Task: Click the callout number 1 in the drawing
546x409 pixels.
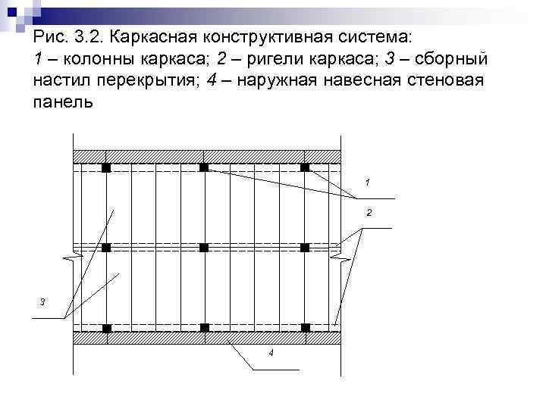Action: [367, 183]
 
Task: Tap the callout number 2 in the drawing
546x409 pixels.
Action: [369, 213]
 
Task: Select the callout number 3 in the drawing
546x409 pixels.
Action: [42, 302]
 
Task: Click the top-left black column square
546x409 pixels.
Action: [106, 167]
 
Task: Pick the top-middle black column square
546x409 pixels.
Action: [204, 167]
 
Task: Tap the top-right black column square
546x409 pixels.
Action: [305, 167]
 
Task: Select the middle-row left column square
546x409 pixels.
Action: [106, 248]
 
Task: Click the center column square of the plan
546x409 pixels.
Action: [204, 248]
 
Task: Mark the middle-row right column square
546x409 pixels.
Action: [305, 248]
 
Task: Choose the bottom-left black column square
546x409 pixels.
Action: [106, 328]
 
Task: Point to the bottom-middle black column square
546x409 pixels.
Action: [204, 327]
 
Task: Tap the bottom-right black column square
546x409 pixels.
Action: [306, 327]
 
